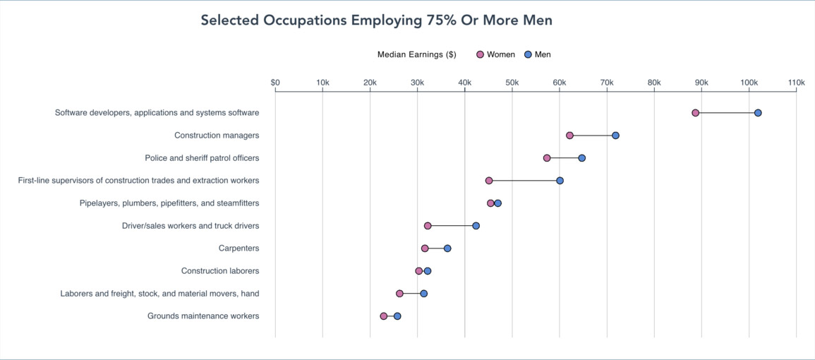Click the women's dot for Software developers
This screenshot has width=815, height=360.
[x=695, y=113]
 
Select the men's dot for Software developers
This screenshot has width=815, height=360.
[x=758, y=113]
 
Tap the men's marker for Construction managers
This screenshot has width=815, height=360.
[x=615, y=136]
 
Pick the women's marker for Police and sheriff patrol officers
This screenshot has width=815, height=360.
[x=547, y=158]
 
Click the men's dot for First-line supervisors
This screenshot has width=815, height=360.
[x=560, y=181]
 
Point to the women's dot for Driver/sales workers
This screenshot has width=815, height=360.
[x=428, y=226]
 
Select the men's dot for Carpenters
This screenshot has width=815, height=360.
[x=447, y=248]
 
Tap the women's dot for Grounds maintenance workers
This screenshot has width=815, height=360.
[x=384, y=316]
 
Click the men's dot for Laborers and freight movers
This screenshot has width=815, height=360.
[x=423, y=294]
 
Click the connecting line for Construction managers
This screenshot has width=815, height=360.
[x=593, y=136]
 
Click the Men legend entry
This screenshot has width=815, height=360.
[x=538, y=55]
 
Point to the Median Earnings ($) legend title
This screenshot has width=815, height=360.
[x=416, y=55]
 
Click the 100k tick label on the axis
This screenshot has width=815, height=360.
[x=749, y=83]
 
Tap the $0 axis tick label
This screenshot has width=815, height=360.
[x=275, y=83]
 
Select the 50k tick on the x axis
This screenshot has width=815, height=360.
[x=512, y=83]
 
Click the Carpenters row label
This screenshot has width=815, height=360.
[x=239, y=248]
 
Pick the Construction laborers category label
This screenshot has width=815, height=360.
[x=219, y=271]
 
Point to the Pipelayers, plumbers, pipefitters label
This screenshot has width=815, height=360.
[x=169, y=203]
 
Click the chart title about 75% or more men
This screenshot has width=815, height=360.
[x=376, y=20]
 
